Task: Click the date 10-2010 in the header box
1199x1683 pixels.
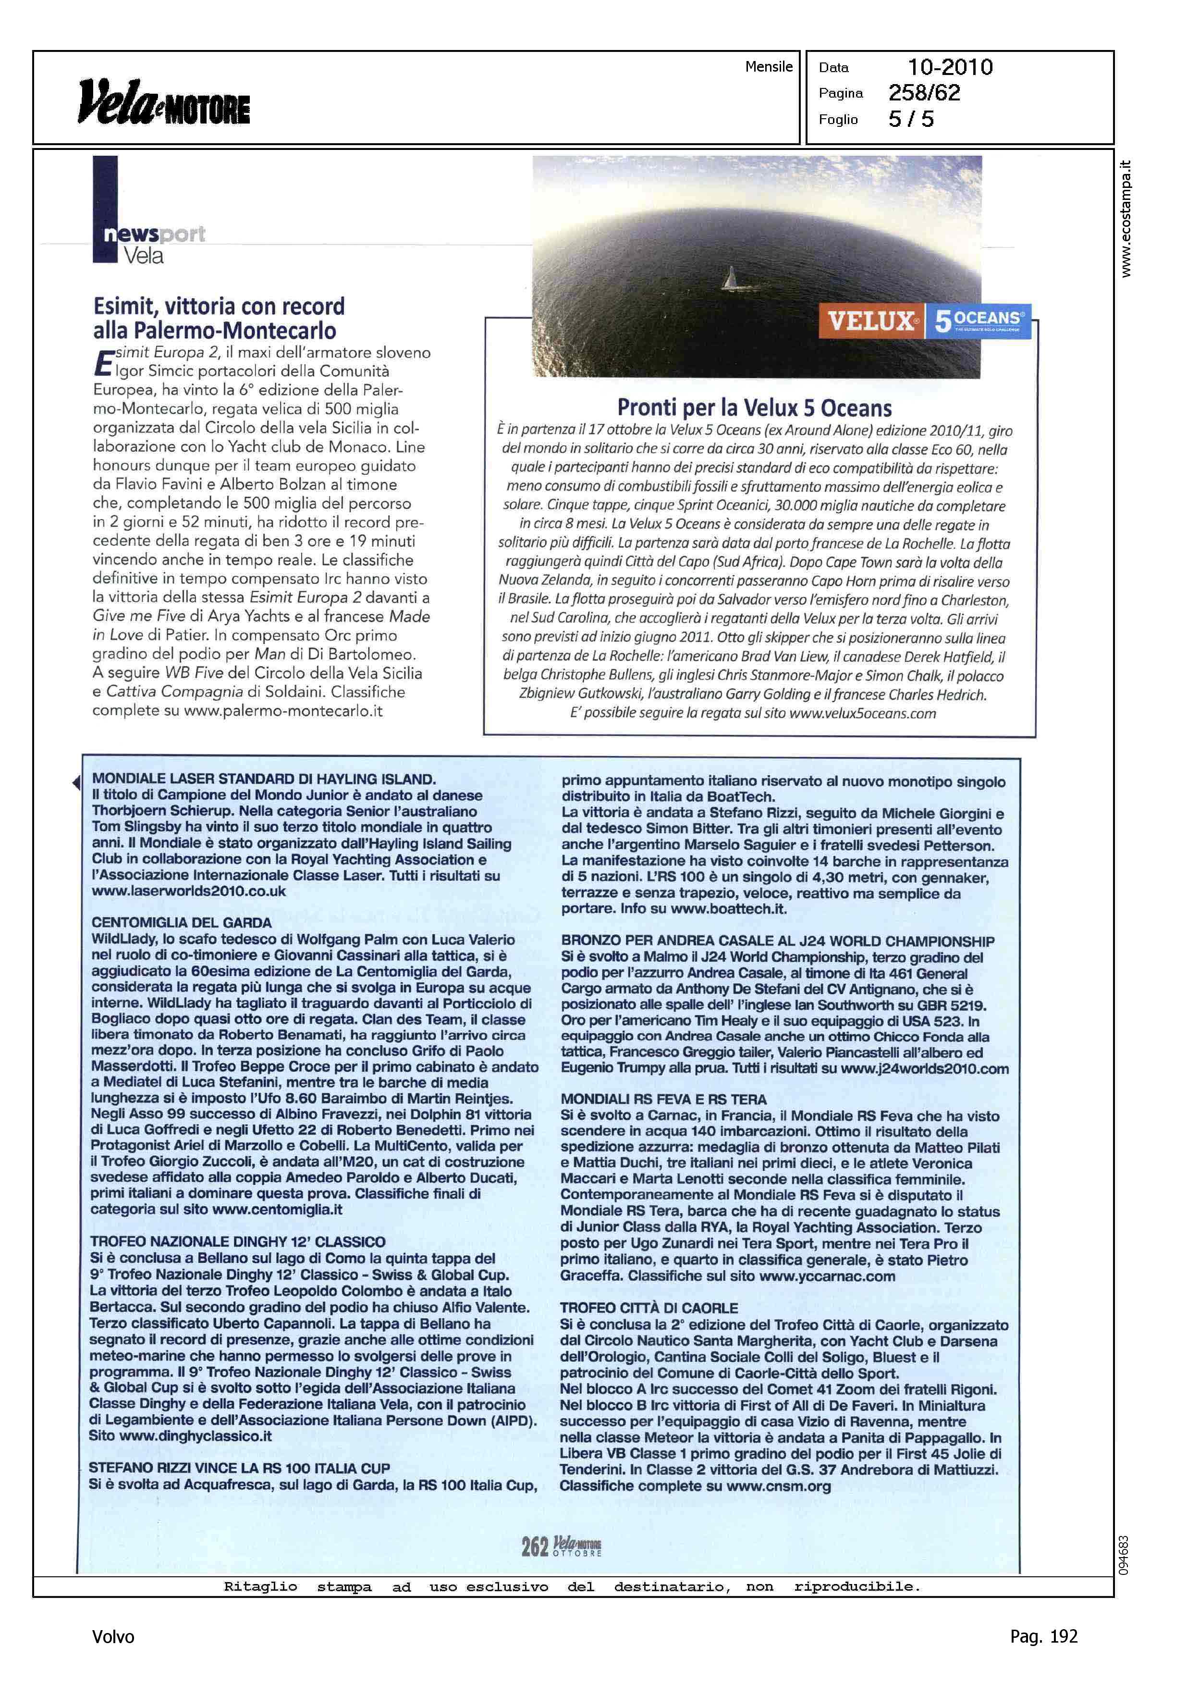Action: point(950,67)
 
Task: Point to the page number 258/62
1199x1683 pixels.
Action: point(924,93)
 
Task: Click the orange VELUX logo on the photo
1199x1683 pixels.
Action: point(870,321)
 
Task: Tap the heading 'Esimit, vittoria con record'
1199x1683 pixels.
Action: point(219,306)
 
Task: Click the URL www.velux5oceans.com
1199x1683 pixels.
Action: point(862,713)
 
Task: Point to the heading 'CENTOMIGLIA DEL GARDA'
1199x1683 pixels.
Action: point(182,922)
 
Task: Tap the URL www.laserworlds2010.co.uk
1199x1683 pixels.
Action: point(188,891)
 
